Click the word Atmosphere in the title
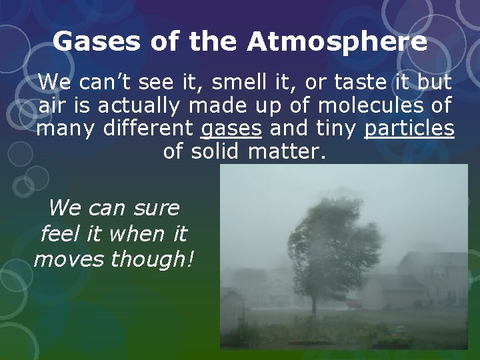[337, 43]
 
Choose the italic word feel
[59, 233]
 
